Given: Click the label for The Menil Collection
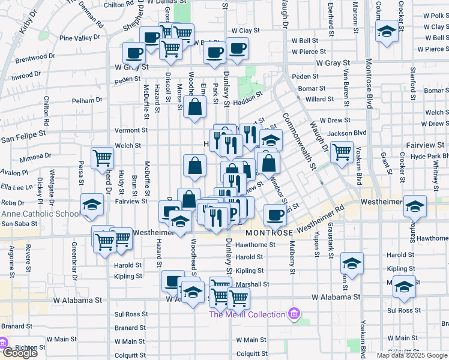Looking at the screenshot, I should tap(247, 314).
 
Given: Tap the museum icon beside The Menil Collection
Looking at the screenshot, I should tap(294, 314).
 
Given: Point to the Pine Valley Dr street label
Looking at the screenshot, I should tap(79, 38).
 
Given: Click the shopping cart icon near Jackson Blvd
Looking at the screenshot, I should tap(342, 151).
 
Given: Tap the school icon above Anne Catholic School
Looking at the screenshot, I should tap(92, 205).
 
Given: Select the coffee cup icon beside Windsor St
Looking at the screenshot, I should tap(275, 214).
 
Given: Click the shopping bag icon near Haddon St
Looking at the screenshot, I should tap(196, 108).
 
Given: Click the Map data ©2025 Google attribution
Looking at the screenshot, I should tap(412, 355).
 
